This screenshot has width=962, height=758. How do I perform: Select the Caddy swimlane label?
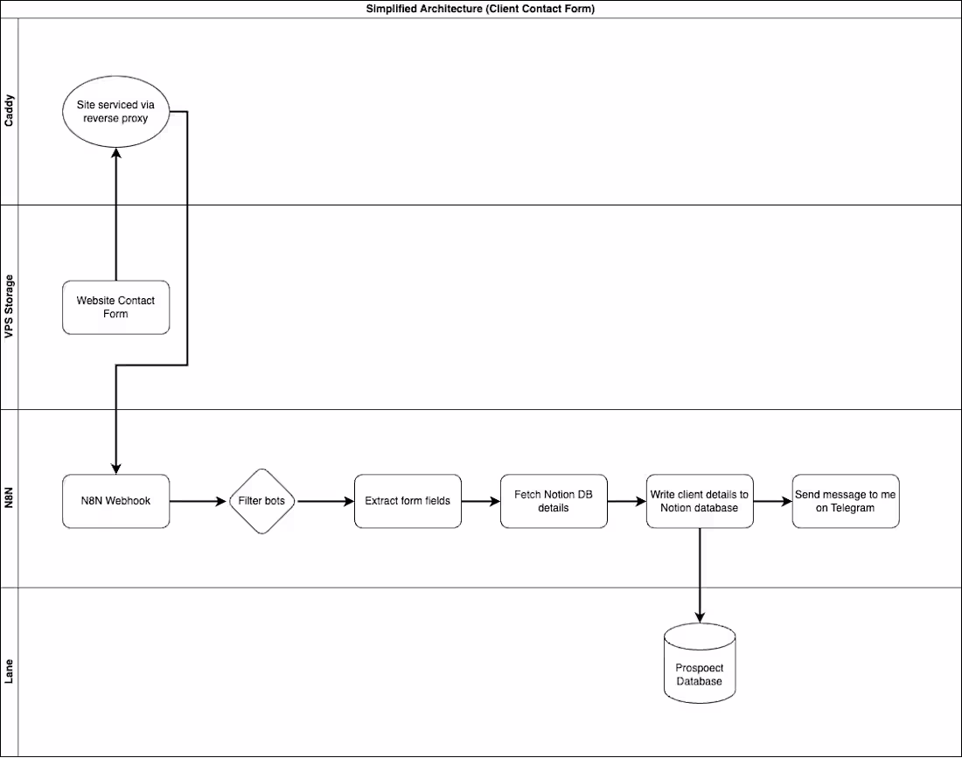10,111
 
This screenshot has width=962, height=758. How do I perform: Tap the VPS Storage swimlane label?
10,306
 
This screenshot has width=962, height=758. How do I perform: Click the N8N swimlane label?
10,498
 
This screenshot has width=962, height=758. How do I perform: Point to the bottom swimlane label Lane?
10,671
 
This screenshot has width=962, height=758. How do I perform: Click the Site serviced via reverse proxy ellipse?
115,112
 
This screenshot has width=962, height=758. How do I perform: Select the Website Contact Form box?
115,307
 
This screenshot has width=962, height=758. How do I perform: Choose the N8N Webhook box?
115,501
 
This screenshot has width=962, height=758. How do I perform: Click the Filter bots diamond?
261,501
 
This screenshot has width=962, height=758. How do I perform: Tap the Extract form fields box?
408,501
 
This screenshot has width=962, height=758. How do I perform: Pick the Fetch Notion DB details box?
554,501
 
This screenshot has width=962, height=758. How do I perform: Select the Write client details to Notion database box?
700,501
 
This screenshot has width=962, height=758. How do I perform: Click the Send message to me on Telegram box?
846,501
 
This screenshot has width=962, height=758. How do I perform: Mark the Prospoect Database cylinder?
700,664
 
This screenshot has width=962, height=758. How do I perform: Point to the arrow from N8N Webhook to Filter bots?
199,501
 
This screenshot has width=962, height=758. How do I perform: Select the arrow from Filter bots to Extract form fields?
324,501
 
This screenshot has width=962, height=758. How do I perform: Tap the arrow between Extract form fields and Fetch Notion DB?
480,501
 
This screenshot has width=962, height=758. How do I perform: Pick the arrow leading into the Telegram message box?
772,501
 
